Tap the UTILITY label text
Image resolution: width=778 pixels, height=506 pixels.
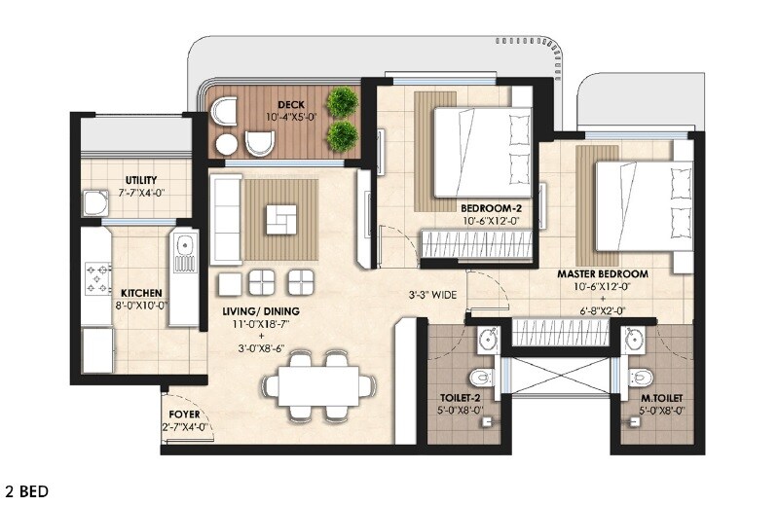(141, 180)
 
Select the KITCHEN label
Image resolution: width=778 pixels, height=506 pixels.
(141, 293)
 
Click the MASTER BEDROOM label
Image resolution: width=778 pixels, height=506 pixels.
(602, 274)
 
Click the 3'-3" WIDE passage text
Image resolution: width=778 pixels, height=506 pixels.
(433, 293)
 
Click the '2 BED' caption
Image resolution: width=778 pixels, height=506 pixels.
(26, 491)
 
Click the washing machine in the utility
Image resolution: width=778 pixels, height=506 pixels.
(94, 202)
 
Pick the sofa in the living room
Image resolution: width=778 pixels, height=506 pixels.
(226, 220)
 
